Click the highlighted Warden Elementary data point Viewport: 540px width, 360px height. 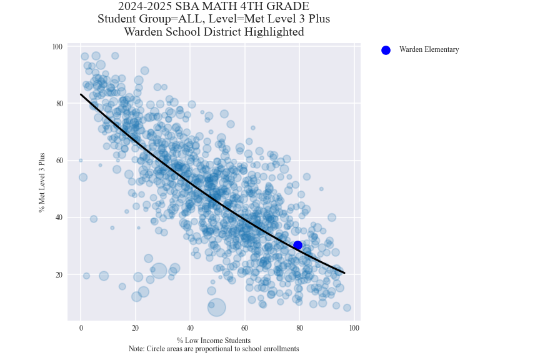[297, 246]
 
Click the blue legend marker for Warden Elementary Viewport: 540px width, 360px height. [386, 50]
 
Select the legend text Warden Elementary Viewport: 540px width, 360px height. [429, 50]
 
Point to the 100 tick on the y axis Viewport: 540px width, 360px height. [57, 47]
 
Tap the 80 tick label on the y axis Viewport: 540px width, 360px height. [58, 104]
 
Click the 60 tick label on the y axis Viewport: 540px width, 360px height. [58, 161]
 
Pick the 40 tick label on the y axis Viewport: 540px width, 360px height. [58, 217]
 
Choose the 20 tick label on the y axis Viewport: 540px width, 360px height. [58, 275]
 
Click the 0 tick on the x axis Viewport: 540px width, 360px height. [81, 328]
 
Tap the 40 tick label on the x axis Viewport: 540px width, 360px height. [190, 328]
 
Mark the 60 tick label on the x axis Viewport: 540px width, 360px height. [244, 328]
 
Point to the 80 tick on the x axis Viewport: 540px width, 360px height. [299, 328]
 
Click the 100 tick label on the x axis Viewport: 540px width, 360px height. [354, 328]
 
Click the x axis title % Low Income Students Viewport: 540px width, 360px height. [213, 341]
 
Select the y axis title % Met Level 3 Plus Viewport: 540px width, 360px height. [42, 182]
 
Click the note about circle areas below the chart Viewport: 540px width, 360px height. [213, 349]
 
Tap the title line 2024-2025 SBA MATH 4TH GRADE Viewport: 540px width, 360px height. [213, 7]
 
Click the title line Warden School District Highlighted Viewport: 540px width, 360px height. [213, 32]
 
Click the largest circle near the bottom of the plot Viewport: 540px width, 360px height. [216, 307]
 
